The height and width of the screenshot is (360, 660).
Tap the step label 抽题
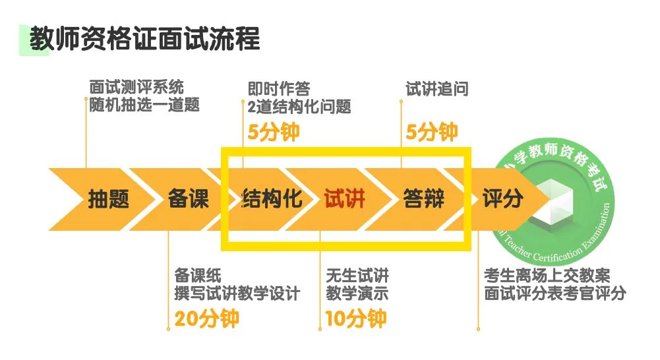[109, 198]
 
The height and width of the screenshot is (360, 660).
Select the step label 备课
[189, 198]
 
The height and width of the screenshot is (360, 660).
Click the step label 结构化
[272, 198]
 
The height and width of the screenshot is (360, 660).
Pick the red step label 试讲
[344, 198]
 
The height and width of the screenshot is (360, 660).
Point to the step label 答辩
[424, 198]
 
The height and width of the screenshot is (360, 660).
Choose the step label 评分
[503, 198]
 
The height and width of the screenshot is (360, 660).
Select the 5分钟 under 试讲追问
[431, 132]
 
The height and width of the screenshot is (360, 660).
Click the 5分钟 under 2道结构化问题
[273, 132]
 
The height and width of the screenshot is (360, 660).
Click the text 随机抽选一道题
[144, 105]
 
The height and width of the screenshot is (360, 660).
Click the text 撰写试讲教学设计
[237, 293]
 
